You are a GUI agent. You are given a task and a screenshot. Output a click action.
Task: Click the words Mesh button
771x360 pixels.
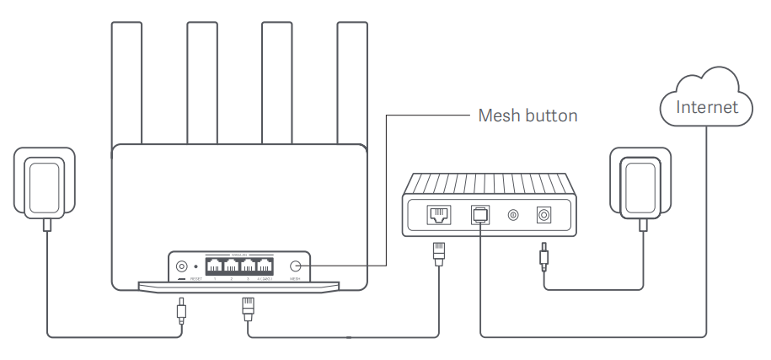pos(527,116)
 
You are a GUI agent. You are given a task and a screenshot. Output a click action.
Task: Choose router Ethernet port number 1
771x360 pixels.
pos(214,263)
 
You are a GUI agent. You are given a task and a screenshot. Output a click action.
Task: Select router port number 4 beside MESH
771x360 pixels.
pos(267,263)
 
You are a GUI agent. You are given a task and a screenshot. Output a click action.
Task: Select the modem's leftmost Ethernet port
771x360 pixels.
pos(439,215)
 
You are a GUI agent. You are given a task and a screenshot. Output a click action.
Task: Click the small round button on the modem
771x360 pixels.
pos(511,215)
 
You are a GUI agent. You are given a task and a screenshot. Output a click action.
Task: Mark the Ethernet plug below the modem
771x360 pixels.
pos(438,251)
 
